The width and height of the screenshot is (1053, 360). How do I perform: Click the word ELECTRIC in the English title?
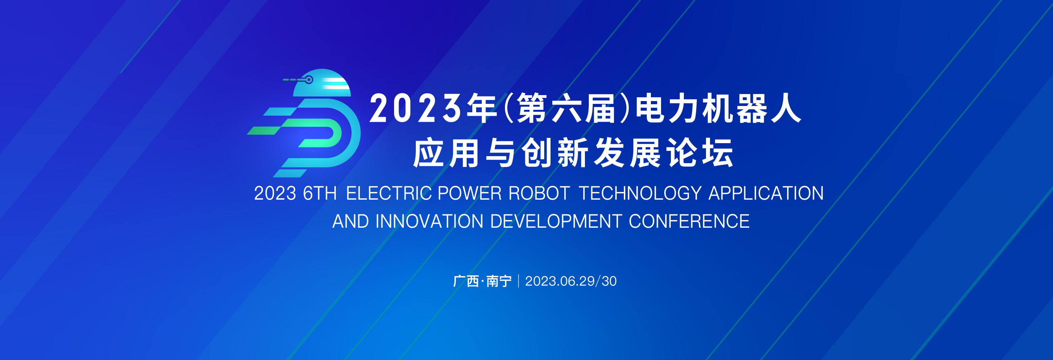coord(389,193)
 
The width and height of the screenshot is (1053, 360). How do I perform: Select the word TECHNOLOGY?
coord(640,193)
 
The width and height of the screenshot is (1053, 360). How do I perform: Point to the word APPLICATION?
coord(766,193)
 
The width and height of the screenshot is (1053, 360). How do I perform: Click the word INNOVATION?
coord(429,221)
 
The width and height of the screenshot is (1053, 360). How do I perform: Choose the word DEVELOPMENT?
coord(556,221)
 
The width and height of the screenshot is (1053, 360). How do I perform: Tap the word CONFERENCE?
coord(689,221)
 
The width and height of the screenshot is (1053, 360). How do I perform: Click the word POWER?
coord(469,193)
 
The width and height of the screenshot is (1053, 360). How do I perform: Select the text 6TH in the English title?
coord(320,193)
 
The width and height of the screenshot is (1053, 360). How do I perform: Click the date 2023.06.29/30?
coord(571,281)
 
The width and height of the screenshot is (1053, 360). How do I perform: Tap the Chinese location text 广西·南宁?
coord(482,281)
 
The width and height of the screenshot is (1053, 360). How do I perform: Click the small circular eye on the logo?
coord(309,80)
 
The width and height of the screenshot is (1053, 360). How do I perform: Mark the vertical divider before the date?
coord(518,281)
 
